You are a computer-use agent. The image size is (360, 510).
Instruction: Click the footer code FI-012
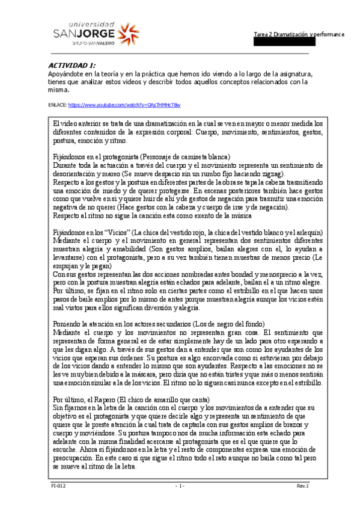[x=58, y=485]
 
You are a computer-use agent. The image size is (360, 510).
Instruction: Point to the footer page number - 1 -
[x=179, y=485]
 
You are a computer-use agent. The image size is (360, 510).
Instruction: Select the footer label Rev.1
[x=302, y=485]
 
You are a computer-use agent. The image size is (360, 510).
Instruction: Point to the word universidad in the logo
[x=87, y=19]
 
